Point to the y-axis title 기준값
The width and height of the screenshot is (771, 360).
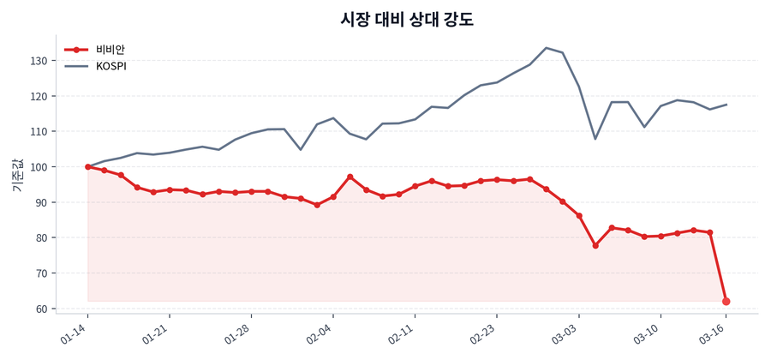coord(18,176)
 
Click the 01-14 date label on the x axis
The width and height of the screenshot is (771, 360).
coord(76,332)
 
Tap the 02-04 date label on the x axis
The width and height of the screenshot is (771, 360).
coord(321,332)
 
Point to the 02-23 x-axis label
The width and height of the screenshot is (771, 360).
coord(485,332)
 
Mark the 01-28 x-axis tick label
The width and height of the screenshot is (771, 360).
coord(239,332)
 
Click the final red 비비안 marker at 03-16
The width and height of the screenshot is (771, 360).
coord(726,302)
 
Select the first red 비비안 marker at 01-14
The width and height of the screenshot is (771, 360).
coord(88,167)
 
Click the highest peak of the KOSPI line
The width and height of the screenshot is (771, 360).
coord(547,48)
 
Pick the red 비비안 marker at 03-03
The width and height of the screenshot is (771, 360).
coord(579,216)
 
